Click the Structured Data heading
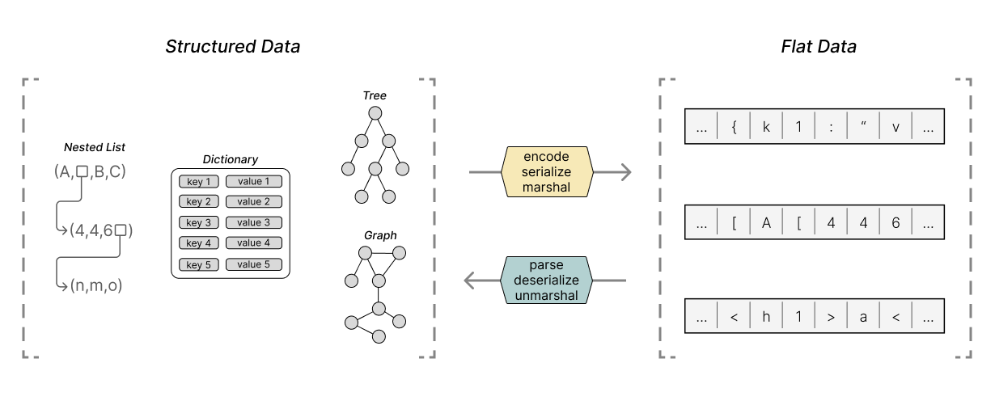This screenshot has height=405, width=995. pyautogui.click(x=232, y=46)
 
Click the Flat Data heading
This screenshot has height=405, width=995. pyautogui.click(x=818, y=46)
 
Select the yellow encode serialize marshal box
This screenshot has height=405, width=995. pyautogui.click(x=548, y=172)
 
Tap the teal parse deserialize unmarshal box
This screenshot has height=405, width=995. pyautogui.click(x=548, y=281)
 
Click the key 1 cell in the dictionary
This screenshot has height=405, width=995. pyautogui.click(x=198, y=182)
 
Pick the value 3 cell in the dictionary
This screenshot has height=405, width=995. pyautogui.click(x=253, y=222)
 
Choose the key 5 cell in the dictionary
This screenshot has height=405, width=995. pyautogui.click(x=198, y=264)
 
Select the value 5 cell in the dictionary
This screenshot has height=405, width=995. pyautogui.click(x=253, y=264)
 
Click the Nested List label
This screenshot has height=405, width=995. pyautogui.click(x=95, y=147)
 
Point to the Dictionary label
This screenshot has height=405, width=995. pyautogui.click(x=231, y=160)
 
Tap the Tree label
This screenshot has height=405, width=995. pyautogui.click(x=374, y=95)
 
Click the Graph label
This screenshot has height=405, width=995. pyautogui.click(x=379, y=235)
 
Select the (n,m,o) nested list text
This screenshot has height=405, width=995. pyautogui.click(x=95, y=285)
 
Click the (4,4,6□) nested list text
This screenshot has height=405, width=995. pyautogui.click(x=101, y=230)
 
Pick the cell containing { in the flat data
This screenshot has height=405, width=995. pyautogui.click(x=733, y=127)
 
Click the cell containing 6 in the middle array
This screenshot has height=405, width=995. pyautogui.click(x=895, y=222)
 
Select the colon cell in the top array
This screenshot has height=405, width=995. pyautogui.click(x=830, y=127)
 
